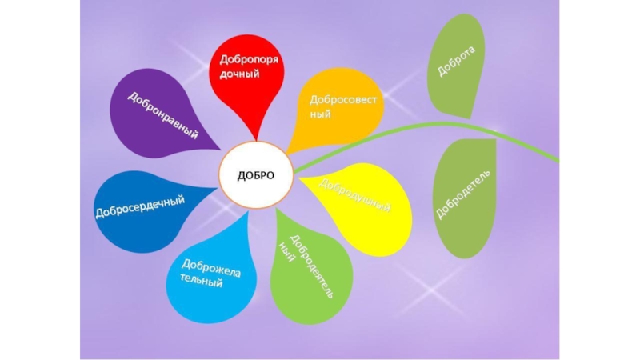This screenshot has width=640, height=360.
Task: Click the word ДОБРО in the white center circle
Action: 256,175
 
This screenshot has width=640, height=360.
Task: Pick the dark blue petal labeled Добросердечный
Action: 144,210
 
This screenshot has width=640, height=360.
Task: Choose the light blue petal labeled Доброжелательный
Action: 212,272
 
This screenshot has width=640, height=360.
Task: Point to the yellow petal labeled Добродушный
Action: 360,204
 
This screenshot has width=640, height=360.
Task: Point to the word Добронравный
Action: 163,115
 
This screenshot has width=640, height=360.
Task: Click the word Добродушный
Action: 356,196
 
